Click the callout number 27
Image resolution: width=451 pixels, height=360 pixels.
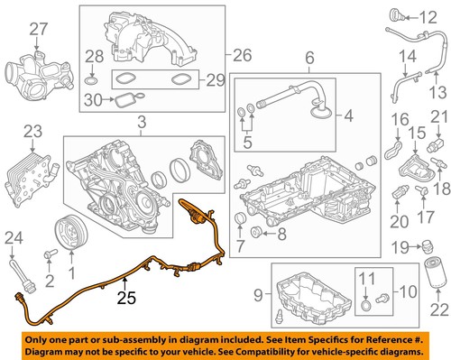[36, 32]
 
